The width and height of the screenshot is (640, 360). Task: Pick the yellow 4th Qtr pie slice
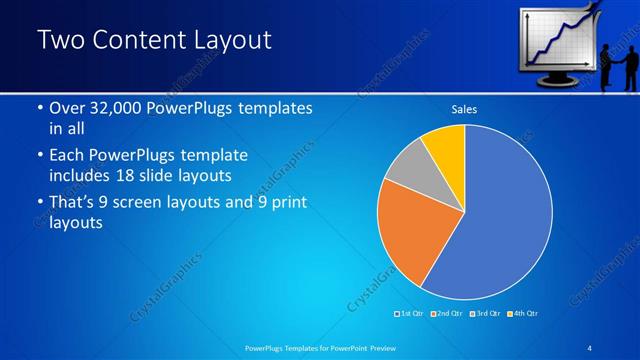(x=446, y=146)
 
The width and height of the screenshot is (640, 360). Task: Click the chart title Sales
(x=464, y=108)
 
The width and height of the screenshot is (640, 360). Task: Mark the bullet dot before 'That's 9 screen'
(x=39, y=204)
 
